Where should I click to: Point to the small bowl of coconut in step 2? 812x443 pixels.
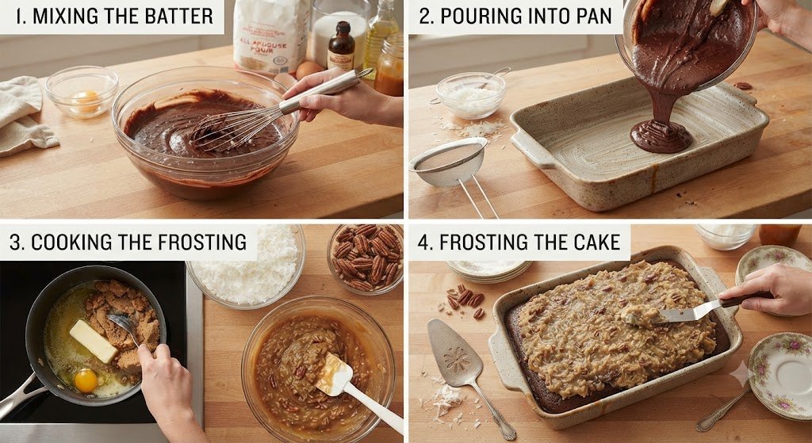tap(470, 95)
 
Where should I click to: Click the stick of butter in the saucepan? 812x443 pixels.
tap(94, 341)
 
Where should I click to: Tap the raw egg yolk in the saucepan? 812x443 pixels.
tap(86, 380)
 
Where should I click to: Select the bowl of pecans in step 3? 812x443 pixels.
tap(366, 258)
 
